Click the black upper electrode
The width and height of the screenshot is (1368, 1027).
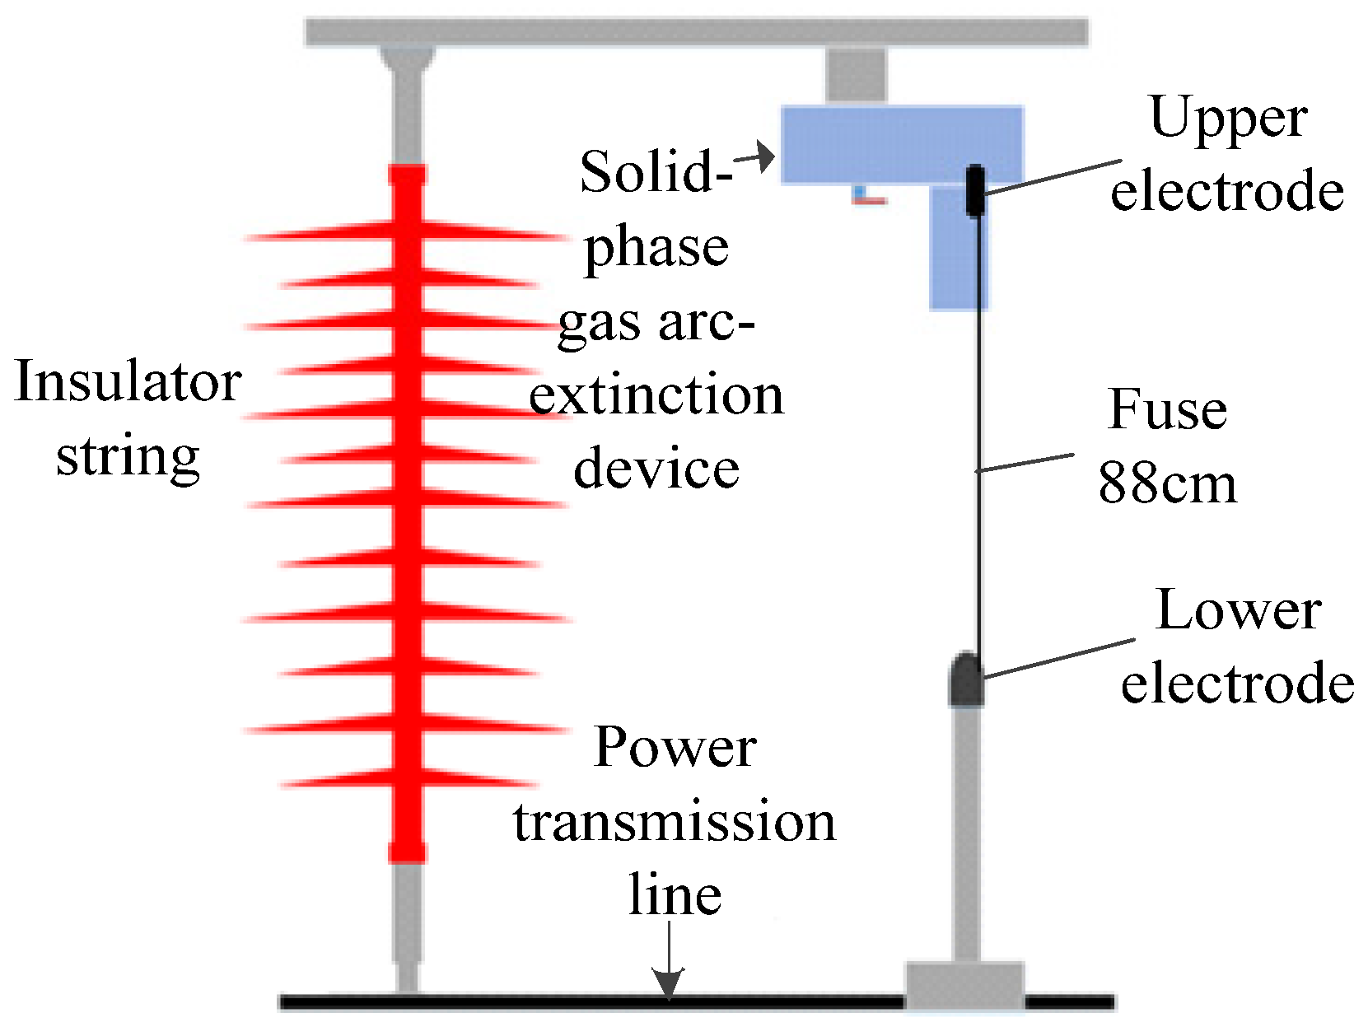[974, 190]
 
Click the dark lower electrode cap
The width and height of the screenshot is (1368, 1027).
[966, 680]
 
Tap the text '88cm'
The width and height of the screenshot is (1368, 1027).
[1167, 483]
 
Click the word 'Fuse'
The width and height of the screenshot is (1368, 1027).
[1167, 409]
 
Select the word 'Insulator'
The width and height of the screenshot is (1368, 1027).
[128, 382]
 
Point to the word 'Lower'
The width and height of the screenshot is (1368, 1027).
[1238, 611]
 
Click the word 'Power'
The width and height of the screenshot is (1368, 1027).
[675, 748]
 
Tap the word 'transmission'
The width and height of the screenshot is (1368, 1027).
[675, 822]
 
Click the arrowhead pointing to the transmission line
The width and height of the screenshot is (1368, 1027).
[669, 982]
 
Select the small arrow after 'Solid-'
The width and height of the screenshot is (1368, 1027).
[756, 156]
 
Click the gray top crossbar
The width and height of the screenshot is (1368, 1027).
[696, 31]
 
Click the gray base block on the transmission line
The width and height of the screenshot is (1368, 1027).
[964, 984]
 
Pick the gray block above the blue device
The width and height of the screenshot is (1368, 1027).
[856, 76]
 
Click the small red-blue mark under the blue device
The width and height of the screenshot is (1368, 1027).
[867, 196]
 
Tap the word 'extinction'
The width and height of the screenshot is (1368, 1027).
[656, 396]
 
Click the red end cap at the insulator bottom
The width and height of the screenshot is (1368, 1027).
[407, 850]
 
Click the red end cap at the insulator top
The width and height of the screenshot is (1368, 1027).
[407, 175]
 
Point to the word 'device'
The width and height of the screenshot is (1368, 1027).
[656, 469]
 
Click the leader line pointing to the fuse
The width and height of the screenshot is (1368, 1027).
[1025, 463]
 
